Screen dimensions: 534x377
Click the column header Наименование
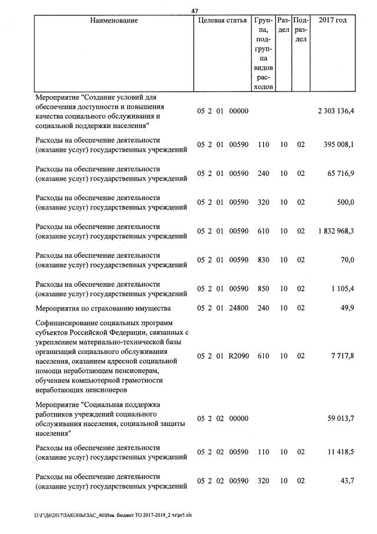coord(114,21)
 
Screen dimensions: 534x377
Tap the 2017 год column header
coord(332,21)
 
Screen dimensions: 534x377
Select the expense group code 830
coord(263,260)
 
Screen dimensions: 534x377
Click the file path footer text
coord(113,515)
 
